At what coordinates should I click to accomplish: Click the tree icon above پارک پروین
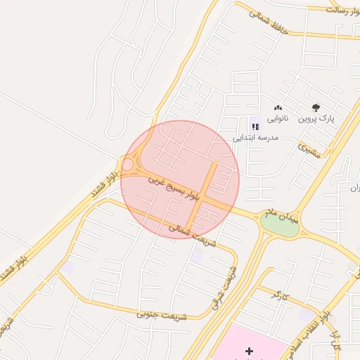pyautogui.click(x=316, y=108)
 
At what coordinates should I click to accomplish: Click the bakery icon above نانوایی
pyautogui.click(x=278, y=108)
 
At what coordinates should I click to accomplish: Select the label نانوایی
pyautogui.click(x=276, y=119)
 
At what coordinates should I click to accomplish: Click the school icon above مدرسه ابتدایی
pyautogui.click(x=255, y=127)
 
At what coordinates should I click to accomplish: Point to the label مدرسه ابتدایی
pyautogui.click(x=256, y=138)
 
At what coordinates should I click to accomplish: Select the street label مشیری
pyautogui.click(x=309, y=149)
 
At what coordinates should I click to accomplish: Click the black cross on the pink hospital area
pyautogui.click(x=249, y=350)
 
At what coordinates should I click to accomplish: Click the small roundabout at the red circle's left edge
pyautogui.click(x=128, y=165)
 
